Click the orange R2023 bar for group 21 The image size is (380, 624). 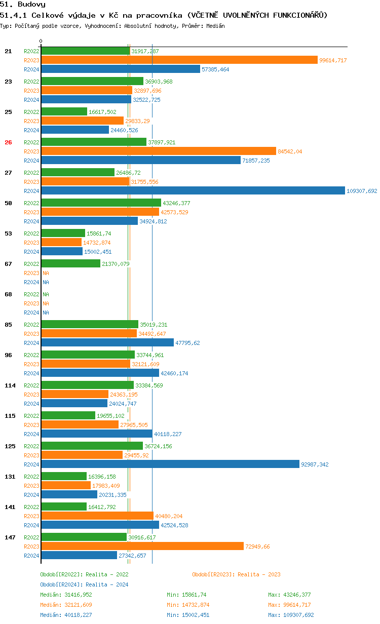pyautogui.click(x=179, y=60)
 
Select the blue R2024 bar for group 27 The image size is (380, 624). pyautogui.click(x=193, y=191)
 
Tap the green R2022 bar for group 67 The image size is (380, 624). pyautogui.click(x=71, y=264)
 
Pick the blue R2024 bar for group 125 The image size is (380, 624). pyautogui.click(x=170, y=464)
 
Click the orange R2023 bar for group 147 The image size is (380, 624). pyautogui.click(x=142, y=547)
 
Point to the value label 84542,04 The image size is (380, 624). pyautogui.click(x=290, y=151)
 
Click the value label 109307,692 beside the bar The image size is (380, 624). pyautogui.click(x=362, y=191)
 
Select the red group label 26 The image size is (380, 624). pyautogui.click(x=8, y=142)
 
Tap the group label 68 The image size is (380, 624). pyautogui.click(x=8, y=294)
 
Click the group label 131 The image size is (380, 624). pyautogui.click(x=10, y=477)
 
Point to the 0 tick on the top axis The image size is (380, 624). pyautogui.click(x=41, y=41)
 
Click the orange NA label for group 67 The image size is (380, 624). pyautogui.click(x=46, y=273)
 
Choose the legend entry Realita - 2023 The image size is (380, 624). pyautogui.click(x=236, y=574)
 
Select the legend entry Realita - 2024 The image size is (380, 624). pyautogui.click(x=84, y=584)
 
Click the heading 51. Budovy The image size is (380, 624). pyautogui.click(x=23, y=4)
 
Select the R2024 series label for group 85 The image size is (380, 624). pyautogui.click(x=32, y=343)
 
